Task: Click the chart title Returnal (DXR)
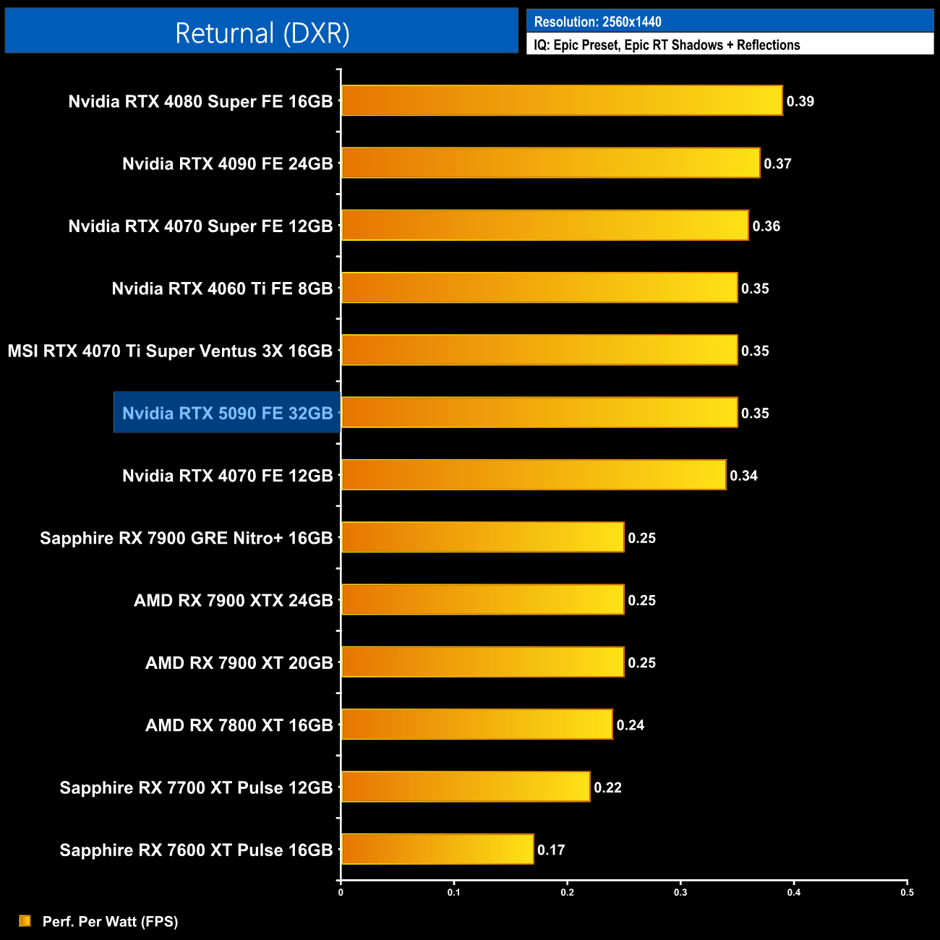tap(262, 33)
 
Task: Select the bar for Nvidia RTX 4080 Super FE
tap(561, 101)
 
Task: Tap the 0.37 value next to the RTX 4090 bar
tap(777, 163)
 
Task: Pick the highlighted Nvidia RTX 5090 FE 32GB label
tap(227, 413)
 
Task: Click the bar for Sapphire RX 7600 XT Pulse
tap(437, 849)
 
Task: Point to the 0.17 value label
tap(551, 850)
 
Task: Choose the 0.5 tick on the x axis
tap(907, 892)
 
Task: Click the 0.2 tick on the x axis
tap(567, 892)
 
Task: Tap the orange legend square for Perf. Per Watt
tap(25, 920)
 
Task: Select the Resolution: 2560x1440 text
tap(597, 22)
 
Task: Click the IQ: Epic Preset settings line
tap(667, 45)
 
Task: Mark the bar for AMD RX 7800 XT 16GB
tap(477, 725)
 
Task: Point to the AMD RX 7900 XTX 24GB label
tap(233, 600)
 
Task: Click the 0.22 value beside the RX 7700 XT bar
tap(607, 787)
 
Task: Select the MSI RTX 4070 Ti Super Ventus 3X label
tap(170, 351)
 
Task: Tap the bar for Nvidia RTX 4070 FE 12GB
tap(533, 475)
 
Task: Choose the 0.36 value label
tap(766, 226)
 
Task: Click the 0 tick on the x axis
tap(341, 892)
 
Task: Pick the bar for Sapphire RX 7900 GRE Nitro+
tap(482, 537)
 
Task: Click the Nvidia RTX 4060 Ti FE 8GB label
tap(222, 289)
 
